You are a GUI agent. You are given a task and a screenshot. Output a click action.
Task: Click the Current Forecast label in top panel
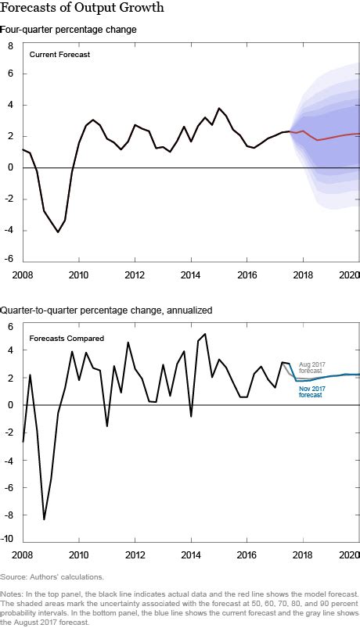[x=59, y=54]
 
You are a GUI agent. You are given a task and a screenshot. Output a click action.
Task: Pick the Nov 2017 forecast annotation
[x=310, y=392]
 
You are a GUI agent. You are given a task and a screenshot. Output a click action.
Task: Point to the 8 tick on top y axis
[x=10, y=45]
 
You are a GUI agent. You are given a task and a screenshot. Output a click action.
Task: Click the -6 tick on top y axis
[x=9, y=260]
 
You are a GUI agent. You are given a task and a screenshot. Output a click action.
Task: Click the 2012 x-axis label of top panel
[x=135, y=275]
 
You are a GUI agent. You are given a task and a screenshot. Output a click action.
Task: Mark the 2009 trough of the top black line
[x=57, y=232]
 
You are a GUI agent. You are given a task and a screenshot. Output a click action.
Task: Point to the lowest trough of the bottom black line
[x=44, y=519]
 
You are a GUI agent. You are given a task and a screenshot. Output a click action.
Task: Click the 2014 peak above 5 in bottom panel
[x=205, y=335]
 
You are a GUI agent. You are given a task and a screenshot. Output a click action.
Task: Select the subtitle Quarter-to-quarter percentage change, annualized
[x=112, y=311]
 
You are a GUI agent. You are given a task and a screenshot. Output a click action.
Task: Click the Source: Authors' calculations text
[x=52, y=576]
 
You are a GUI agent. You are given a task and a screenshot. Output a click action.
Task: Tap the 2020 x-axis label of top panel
[x=347, y=275]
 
